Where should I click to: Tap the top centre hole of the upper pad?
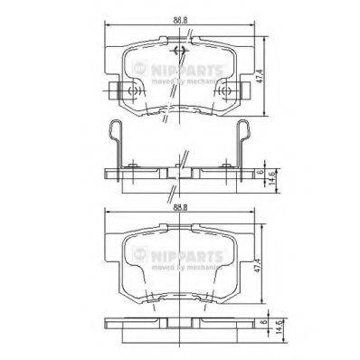(x=179, y=49)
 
